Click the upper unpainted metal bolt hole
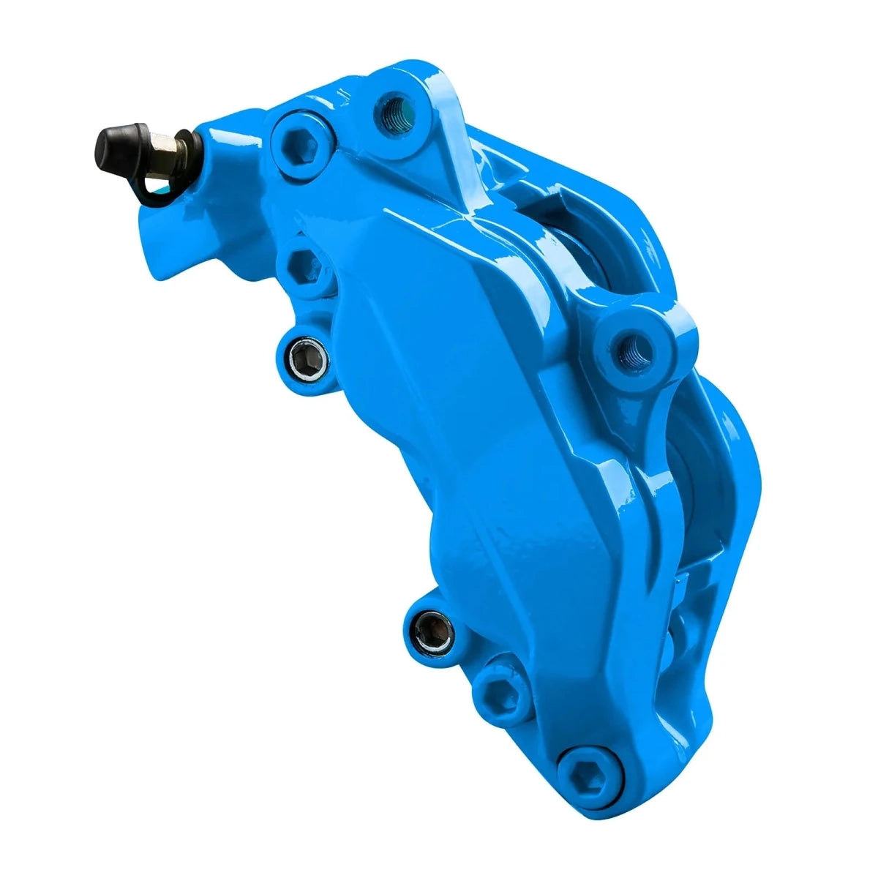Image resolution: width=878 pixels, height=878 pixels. pyautogui.click(x=304, y=359)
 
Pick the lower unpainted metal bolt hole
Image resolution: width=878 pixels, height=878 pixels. pyautogui.click(x=432, y=629)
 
